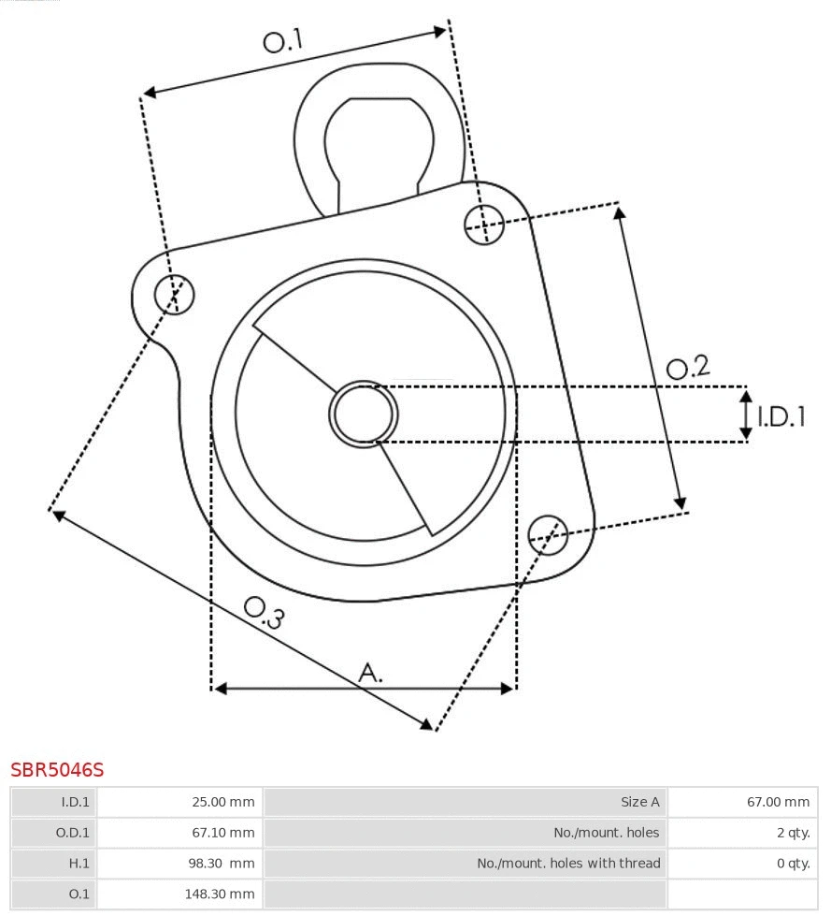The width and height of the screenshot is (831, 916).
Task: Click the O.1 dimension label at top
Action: coord(283,40)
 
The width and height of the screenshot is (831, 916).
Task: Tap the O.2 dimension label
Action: coord(687,367)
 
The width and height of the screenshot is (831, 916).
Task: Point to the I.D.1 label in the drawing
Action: coord(781,416)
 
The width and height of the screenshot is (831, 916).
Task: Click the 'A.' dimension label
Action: coord(371,672)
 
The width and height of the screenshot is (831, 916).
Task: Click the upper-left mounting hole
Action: coord(175,295)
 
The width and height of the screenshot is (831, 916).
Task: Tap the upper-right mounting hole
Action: coord(484,224)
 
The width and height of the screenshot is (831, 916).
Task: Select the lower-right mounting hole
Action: coord(548,533)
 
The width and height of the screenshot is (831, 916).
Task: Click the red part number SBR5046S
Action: coord(57,770)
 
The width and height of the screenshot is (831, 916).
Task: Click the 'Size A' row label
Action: coord(640,802)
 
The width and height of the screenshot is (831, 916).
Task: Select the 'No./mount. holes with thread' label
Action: coord(568,863)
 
